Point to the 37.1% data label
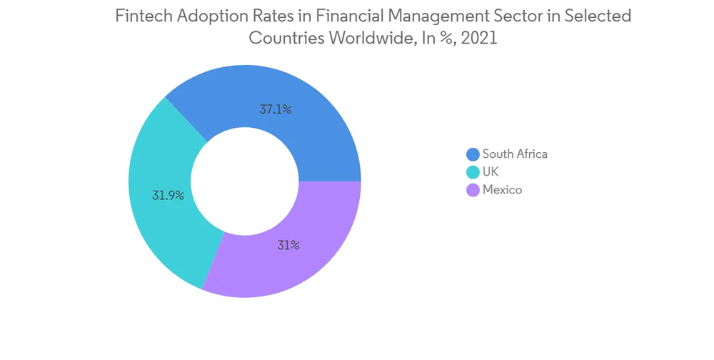click(x=276, y=110)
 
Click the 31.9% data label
click(x=168, y=194)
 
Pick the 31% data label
click(x=288, y=245)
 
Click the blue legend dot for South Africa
click(x=472, y=154)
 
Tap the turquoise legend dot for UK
click(x=472, y=172)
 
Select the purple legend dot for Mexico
click(x=472, y=190)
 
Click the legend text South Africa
click(x=515, y=154)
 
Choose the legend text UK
click(x=491, y=172)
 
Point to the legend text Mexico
click(x=502, y=190)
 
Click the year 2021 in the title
click(x=479, y=39)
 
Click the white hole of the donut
click(x=244, y=181)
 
